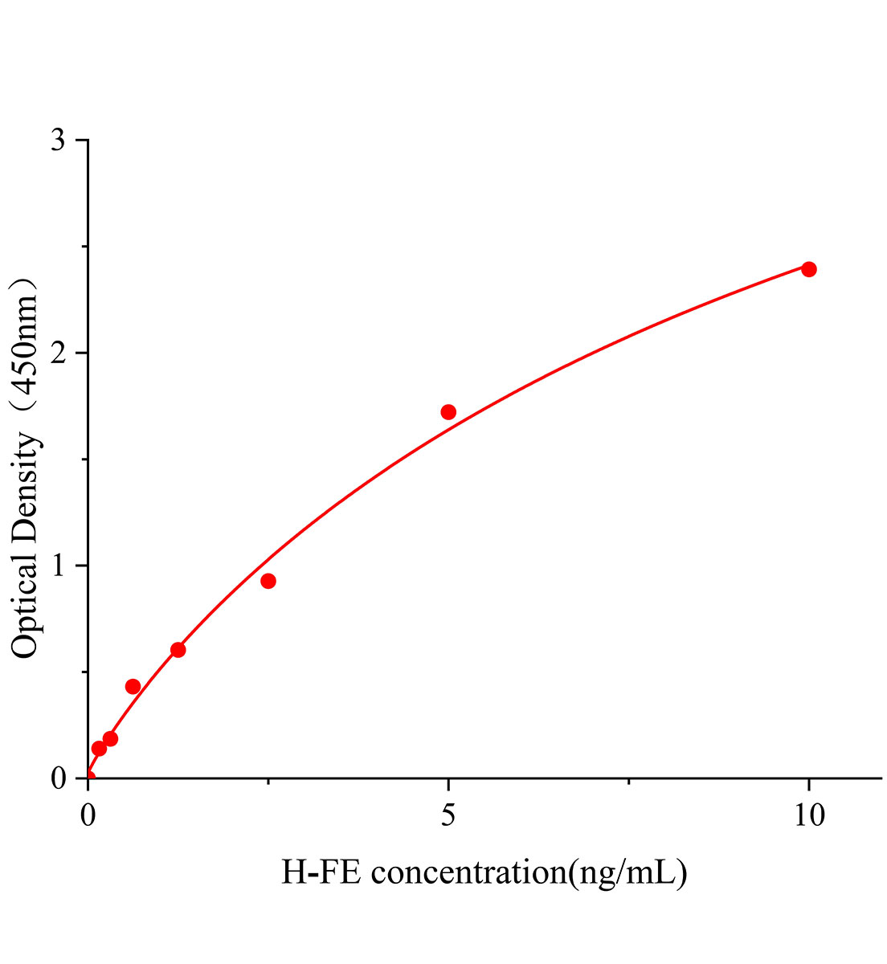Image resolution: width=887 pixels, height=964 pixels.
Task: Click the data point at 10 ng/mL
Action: (808, 269)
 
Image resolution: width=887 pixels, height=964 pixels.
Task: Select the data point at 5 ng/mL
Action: (448, 412)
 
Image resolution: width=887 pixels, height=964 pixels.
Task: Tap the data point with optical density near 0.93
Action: (268, 581)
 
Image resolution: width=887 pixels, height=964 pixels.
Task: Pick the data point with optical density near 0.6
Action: (178, 649)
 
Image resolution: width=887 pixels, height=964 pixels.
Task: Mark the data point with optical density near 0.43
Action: (133, 686)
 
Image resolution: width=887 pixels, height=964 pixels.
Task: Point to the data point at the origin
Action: (88, 778)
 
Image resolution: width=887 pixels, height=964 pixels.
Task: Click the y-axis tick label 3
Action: (58, 141)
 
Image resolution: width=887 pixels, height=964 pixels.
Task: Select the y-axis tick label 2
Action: (58, 353)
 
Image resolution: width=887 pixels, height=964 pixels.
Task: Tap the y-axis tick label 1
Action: (58, 566)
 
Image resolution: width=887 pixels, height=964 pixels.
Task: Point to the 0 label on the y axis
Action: (58, 778)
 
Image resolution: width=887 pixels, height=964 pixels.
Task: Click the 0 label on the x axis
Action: (88, 816)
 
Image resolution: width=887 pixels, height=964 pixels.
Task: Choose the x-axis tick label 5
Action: (448, 816)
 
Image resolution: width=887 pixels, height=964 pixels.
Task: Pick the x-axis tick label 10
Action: (808, 816)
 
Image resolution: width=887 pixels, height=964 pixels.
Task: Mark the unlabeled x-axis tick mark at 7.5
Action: (628, 781)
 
